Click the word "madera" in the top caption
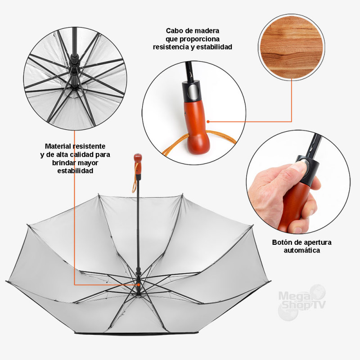coord(206,31)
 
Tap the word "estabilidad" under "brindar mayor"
coord(75,171)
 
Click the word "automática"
coord(301,250)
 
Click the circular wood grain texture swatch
coord(292,47)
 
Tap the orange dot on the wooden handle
coord(208,121)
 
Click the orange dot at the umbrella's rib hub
coord(139,285)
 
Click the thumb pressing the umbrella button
coord(296,169)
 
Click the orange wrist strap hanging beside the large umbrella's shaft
coord(135,177)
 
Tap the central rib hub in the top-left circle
coord(74,71)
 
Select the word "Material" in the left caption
coord(58,146)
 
